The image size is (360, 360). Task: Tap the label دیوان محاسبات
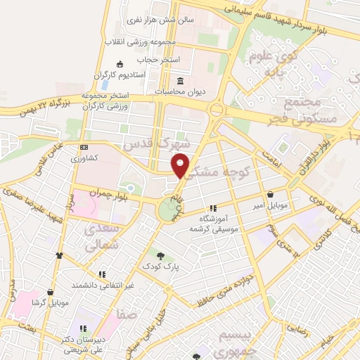(181, 91)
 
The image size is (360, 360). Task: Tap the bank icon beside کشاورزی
(84, 148)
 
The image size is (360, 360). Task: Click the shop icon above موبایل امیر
(270, 195)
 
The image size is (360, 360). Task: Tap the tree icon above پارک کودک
(161, 256)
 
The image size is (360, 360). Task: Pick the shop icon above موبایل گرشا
(50, 292)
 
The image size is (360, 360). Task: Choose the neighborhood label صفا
(127, 316)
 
